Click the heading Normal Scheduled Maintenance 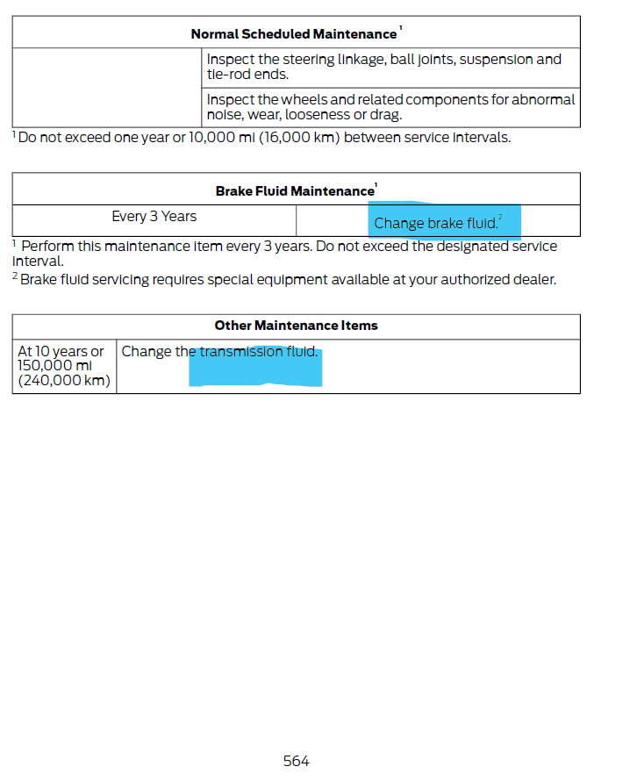coord(294,34)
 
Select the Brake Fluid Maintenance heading coord(295,191)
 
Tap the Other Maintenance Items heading coord(296,326)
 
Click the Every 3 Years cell coord(154,217)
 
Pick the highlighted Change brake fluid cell coord(436,223)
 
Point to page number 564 coord(296,761)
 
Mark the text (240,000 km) coord(64,380)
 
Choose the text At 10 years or coord(61,352)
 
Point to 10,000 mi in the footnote coord(226,138)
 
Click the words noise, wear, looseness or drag coord(304,115)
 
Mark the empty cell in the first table coord(107,88)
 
